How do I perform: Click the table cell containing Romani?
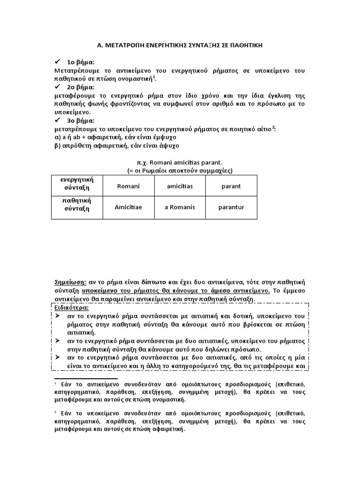(x=128, y=187)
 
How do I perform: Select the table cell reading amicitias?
(x=180, y=187)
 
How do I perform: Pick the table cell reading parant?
(x=231, y=187)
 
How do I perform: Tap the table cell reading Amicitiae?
(x=128, y=207)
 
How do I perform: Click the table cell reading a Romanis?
(x=180, y=207)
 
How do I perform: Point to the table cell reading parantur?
(x=231, y=207)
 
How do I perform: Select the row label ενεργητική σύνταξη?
(x=77, y=184)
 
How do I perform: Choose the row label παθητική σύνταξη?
(x=77, y=204)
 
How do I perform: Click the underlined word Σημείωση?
(x=70, y=282)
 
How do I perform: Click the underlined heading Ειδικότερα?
(x=72, y=307)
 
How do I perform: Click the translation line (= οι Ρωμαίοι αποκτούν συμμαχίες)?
(x=180, y=170)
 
